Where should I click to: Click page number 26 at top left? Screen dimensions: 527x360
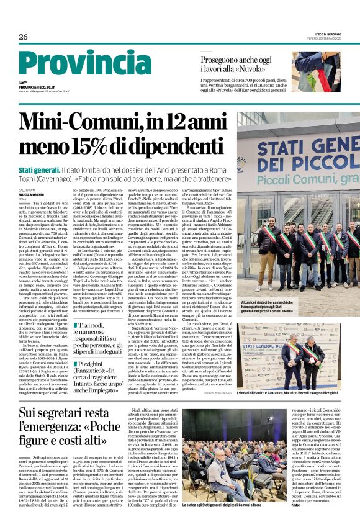(x=24, y=37)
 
